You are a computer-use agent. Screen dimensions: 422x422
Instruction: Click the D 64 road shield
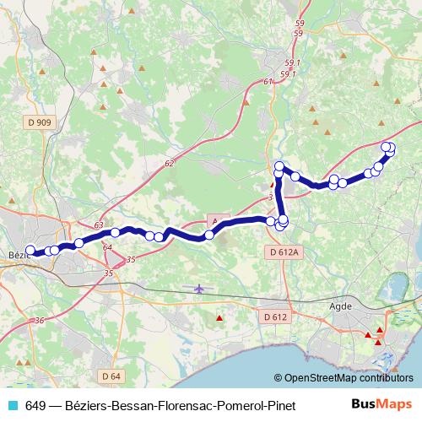tap(109, 375)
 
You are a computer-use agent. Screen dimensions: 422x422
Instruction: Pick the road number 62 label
tap(170, 163)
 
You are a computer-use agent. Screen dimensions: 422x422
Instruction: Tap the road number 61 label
tap(268, 82)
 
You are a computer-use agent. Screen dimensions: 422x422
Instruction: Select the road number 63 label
tap(99, 226)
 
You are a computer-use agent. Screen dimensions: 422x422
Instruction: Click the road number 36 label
tap(40, 320)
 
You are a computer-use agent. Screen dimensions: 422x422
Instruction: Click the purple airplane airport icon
tap(199, 289)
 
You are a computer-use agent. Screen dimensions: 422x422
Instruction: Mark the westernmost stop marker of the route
tap(31, 250)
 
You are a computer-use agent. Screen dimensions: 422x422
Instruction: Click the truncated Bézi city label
tap(16, 254)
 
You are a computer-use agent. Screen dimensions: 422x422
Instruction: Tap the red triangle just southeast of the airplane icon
tap(220, 318)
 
